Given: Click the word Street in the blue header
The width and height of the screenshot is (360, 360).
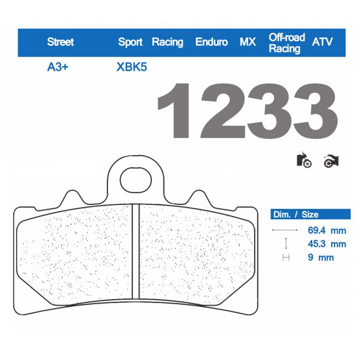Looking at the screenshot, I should pos(60,42).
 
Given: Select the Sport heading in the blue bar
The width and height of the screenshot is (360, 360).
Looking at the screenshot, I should pos(130,42).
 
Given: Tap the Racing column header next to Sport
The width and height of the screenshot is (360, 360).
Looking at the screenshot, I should pos(167,42).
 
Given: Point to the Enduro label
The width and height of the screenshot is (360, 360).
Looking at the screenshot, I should pos(212,42).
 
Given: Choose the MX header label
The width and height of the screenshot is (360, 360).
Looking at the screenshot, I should pos(248,42).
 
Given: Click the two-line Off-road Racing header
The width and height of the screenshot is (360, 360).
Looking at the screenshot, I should pos(287,43).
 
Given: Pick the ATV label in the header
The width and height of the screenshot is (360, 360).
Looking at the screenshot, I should pos(323,42).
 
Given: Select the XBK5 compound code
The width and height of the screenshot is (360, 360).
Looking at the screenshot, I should pos(132,68).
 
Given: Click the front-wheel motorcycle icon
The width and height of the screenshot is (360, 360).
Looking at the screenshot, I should pos(304,161).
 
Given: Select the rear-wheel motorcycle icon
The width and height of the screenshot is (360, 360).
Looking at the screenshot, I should pos(331,161).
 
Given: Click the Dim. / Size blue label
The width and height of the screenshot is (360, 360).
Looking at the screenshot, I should pos(295,214).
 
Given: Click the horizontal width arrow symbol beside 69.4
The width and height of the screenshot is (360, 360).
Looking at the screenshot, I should pos(286,230).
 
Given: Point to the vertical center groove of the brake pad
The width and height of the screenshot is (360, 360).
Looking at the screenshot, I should pos(135,252).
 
